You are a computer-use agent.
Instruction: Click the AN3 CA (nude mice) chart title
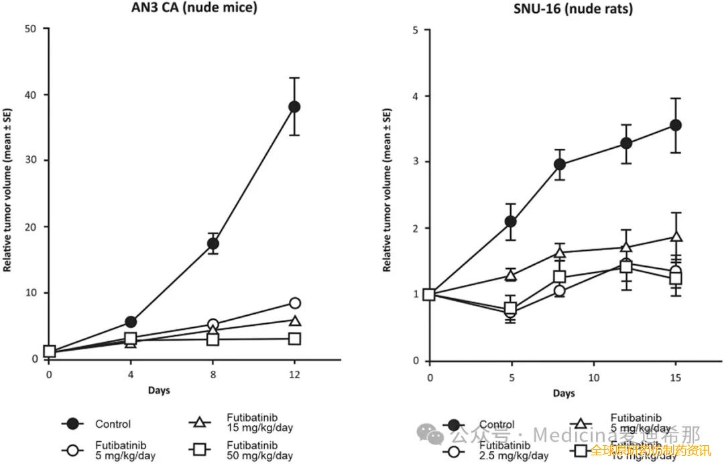pos(184,8)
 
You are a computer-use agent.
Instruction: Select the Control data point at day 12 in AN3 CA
pos(294,107)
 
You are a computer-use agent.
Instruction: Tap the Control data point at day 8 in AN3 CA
pos(213,243)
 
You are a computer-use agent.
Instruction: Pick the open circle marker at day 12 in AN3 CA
pos(294,303)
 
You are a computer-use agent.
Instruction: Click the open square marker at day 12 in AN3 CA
pos(294,339)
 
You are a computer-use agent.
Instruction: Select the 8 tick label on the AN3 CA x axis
pos(213,372)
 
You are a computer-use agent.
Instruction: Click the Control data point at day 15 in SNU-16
pos(676,125)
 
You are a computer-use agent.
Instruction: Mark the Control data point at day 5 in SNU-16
pos(511,221)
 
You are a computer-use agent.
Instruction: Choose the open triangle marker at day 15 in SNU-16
pos(676,237)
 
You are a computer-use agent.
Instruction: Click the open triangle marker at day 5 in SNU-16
pos(511,276)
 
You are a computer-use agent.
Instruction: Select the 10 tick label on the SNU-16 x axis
pos(593,378)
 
